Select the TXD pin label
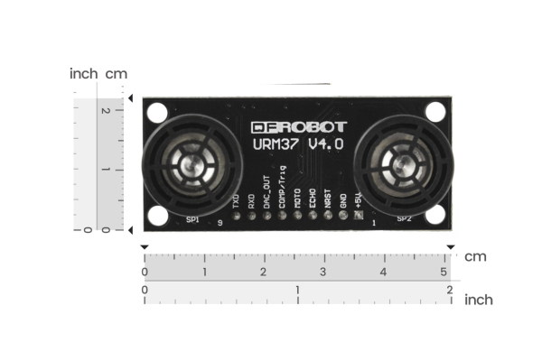click(x=235, y=201)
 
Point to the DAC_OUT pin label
click(x=266, y=193)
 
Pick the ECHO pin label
click(x=313, y=199)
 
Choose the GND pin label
click(x=343, y=202)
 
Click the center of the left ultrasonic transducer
click(x=192, y=166)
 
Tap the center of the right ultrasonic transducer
click(x=403, y=166)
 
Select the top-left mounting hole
click(x=157, y=113)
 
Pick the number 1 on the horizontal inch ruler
click(x=297, y=290)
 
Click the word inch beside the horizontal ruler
click(x=479, y=300)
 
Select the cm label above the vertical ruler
click(x=117, y=73)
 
